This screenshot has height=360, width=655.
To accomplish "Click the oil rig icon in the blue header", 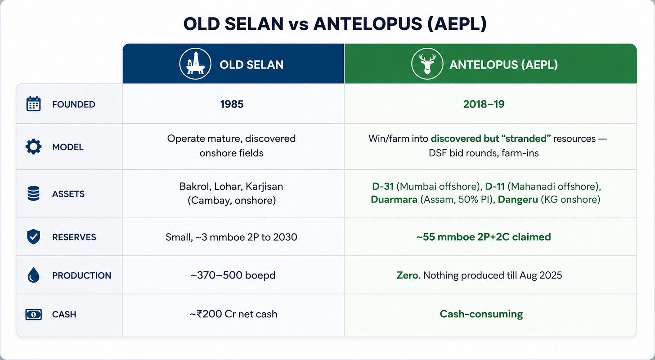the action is tap(195, 64).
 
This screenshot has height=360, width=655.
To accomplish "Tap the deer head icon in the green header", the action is tap(427, 64).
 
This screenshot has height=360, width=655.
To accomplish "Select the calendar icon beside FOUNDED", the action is tap(33, 104).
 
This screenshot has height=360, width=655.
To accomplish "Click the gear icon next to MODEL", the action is tap(33, 147).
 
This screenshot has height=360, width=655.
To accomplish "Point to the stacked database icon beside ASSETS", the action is tap(33, 193).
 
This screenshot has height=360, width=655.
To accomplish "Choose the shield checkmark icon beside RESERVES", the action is tap(33, 237).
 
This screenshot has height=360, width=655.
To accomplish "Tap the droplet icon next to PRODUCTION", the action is tap(33, 275).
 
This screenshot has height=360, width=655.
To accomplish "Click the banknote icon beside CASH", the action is tap(33, 315).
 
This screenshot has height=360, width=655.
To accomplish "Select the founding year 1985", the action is tap(232, 104).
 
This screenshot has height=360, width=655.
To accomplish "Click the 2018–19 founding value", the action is tap(484, 104).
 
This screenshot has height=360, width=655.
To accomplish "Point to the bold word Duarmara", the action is tap(394, 199).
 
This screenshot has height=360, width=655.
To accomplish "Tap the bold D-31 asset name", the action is tap(383, 186).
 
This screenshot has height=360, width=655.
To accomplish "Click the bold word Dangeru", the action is tap(518, 199).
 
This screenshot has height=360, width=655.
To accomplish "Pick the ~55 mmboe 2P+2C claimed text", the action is tap(484, 237).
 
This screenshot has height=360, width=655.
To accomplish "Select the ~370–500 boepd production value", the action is tap(233, 275).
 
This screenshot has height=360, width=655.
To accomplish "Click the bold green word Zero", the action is tap(408, 275).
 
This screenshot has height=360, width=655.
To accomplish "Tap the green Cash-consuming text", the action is tap(481, 314).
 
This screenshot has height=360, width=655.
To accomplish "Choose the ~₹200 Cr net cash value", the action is tap(233, 314).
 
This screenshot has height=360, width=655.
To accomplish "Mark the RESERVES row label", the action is tap(74, 237).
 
